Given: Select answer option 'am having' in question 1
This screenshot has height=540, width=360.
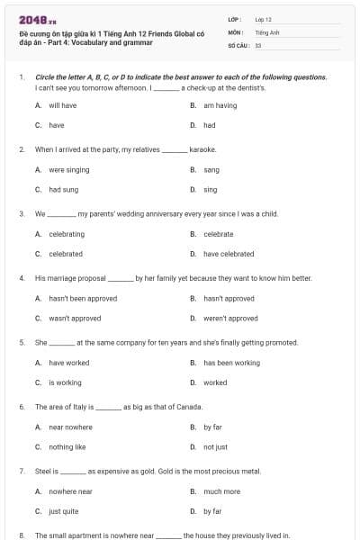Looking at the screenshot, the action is click(x=220, y=105).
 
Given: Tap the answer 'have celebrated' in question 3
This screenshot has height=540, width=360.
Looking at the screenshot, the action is click(x=229, y=254).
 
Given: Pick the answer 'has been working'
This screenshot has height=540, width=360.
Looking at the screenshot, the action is click(x=231, y=363).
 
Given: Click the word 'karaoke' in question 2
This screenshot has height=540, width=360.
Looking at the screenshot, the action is click(x=202, y=148).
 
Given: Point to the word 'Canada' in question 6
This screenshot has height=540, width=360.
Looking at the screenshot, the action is click(x=189, y=407).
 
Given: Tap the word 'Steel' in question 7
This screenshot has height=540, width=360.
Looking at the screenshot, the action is click(x=42, y=471).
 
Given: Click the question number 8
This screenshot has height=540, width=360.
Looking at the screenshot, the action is click(x=21, y=535).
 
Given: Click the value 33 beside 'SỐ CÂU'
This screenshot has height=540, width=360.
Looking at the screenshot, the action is click(x=258, y=44).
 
